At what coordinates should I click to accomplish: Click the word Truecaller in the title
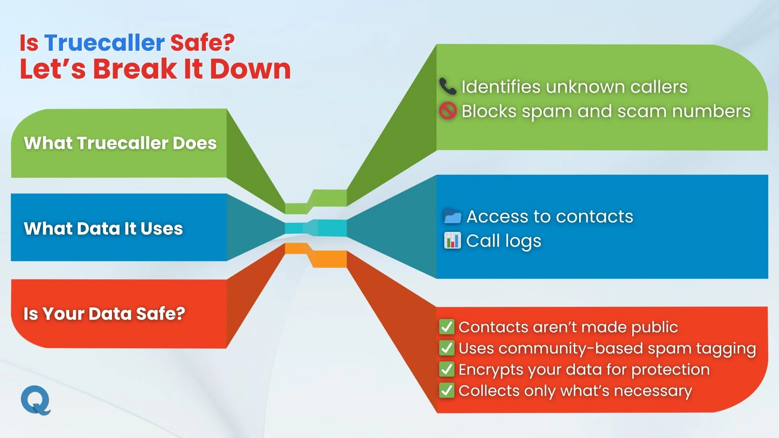coord(104,43)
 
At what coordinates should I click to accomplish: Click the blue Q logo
coord(36,400)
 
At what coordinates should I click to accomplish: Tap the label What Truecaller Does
coord(120,143)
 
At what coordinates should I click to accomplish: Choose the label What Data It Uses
coord(103,228)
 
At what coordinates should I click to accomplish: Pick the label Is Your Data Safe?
coord(104,314)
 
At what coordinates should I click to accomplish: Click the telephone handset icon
coord(448,87)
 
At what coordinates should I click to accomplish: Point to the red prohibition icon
coord(448,111)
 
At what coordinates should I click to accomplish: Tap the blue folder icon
coord(452,216)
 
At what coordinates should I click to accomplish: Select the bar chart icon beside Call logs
coord(452,241)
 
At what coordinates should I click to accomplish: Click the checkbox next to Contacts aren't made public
coord(447,327)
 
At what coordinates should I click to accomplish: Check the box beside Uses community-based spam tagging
coord(447,348)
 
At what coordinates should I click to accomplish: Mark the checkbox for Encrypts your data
coord(447,369)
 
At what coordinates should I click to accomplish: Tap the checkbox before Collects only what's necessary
coord(447,390)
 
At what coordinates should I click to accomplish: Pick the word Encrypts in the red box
coord(491,370)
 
